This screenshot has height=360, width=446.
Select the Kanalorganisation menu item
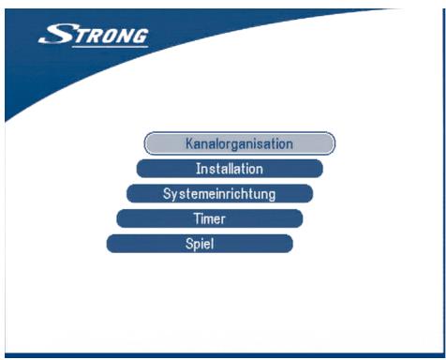[239, 144]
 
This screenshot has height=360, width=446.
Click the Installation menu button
[230, 169]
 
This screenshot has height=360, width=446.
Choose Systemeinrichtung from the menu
[219, 194]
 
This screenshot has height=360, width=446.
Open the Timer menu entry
[210, 218]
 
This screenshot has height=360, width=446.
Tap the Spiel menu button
[200, 244]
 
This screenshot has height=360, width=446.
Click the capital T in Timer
[195, 218]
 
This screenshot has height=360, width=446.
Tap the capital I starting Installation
[198, 169]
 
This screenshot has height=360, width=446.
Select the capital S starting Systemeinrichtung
[167, 194]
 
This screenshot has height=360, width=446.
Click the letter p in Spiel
[193, 245]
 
